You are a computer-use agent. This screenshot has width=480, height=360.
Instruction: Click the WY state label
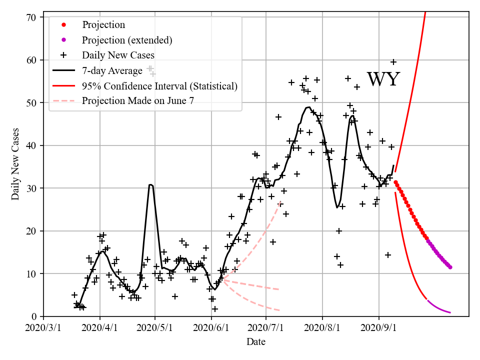(383, 79)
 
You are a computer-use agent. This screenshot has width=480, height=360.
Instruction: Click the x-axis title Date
(256, 342)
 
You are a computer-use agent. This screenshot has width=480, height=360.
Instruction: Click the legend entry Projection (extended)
(127, 40)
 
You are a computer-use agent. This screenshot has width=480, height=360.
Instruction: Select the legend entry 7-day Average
(112, 70)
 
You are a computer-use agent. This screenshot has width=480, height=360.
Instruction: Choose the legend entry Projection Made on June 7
(138, 100)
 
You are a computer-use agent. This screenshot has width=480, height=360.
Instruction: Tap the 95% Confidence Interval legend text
(159, 86)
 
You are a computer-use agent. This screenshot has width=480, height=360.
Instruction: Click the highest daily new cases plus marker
(393, 62)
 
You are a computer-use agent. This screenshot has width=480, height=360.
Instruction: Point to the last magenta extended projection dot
(450, 267)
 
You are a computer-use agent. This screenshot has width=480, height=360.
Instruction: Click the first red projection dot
(395, 182)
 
